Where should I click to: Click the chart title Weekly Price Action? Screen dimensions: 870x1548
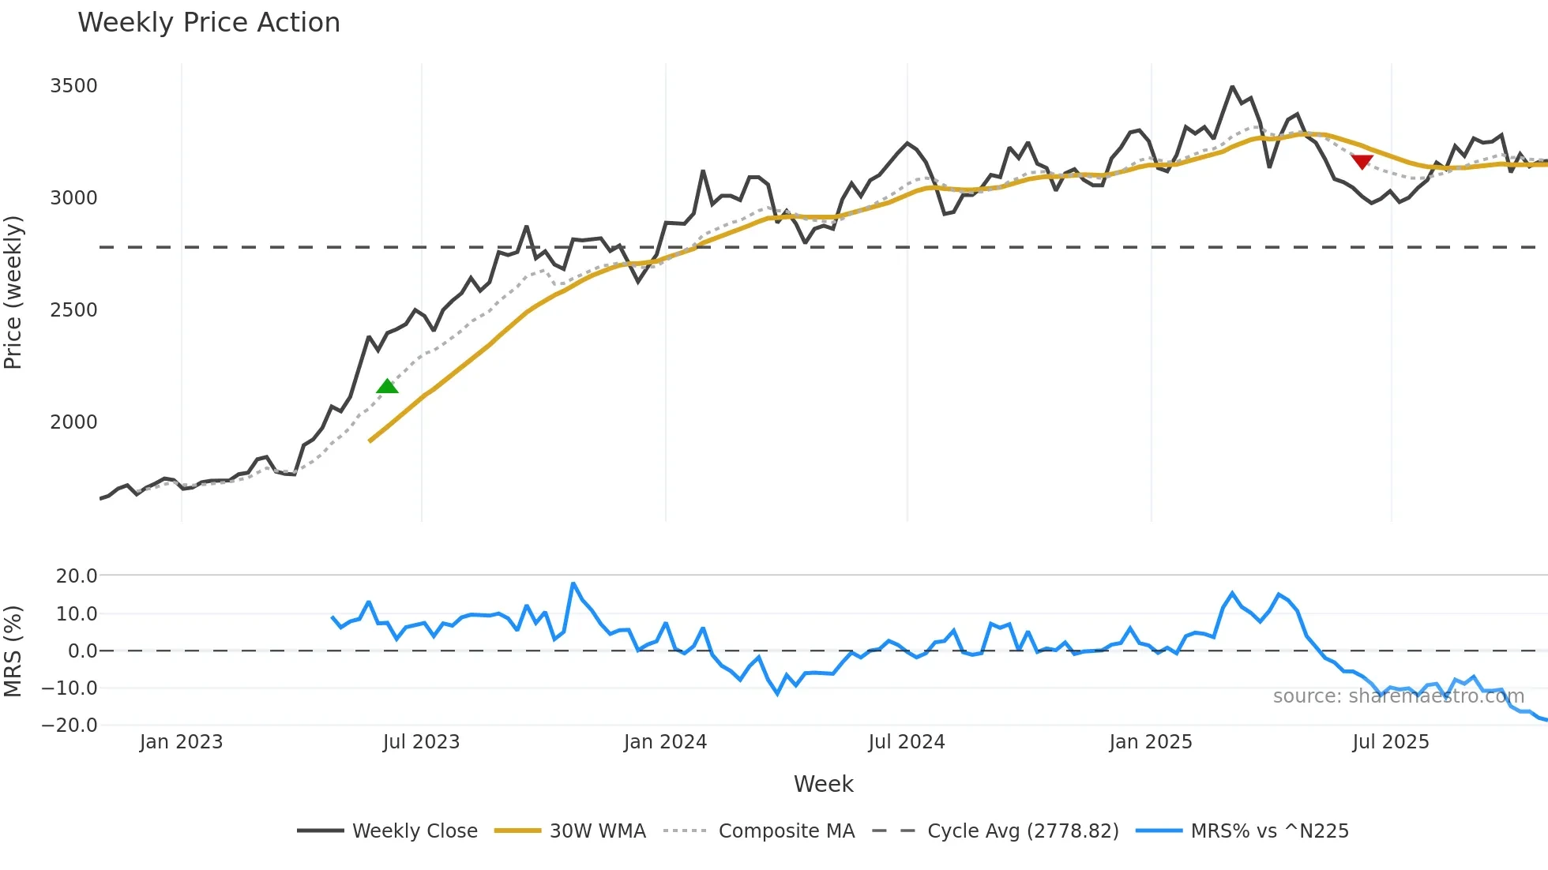click(209, 22)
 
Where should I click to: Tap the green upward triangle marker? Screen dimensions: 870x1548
click(387, 386)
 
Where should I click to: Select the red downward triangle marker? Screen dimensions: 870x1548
click(1362, 162)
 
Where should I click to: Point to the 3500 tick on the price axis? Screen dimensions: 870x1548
click(73, 85)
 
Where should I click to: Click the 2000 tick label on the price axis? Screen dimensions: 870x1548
click(73, 422)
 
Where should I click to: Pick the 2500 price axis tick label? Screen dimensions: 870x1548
click(73, 309)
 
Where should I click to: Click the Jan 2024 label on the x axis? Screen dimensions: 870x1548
click(665, 742)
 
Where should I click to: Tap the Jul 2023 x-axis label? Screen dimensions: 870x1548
click(421, 742)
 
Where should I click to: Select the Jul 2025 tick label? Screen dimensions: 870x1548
click(1390, 742)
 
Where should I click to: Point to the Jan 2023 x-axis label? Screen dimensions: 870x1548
click(181, 742)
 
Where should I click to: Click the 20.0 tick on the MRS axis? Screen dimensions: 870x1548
click(77, 576)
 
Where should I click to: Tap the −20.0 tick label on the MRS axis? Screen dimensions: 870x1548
click(70, 725)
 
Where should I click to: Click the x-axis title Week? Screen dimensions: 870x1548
click(823, 784)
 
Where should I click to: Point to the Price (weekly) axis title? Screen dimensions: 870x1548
click(13, 292)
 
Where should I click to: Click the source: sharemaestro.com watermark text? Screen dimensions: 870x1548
click(1398, 696)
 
